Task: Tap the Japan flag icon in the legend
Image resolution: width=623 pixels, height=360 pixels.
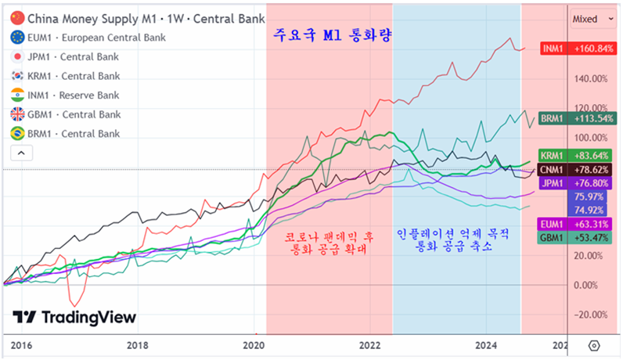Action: click(16, 56)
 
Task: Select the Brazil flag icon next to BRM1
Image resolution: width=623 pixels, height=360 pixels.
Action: click(16, 134)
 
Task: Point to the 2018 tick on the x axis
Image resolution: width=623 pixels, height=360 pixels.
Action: click(137, 345)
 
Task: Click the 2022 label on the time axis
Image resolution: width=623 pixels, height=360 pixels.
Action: click(369, 345)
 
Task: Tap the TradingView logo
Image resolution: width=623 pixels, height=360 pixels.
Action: click(74, 317)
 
